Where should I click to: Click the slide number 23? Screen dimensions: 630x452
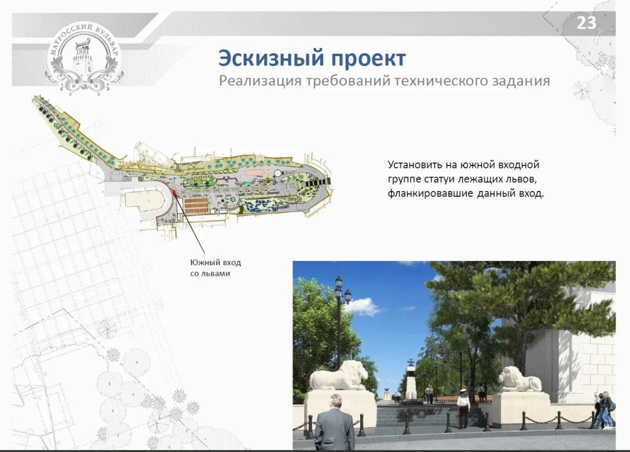coord(586,23)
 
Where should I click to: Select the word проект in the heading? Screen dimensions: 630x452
coord(368,59)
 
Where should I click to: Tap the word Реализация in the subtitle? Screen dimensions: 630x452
coord(260,81)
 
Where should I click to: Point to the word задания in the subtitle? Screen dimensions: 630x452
coord(520,81)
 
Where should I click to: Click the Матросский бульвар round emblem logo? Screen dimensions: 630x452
coord(84,56)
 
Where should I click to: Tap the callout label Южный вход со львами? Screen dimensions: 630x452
coord(216,268)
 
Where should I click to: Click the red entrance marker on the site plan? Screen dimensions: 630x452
coord(174,192)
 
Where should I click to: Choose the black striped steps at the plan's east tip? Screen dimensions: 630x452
coord(317,182)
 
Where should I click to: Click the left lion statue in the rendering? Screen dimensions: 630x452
coord(339,376)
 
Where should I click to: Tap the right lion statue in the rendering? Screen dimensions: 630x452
coord(520,380)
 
